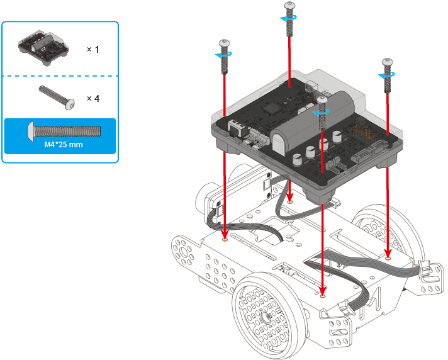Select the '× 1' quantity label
pos(92,49)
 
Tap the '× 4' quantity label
pos(92,98)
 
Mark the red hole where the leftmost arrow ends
pos(225,239)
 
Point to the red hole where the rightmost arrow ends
pos(388,257)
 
